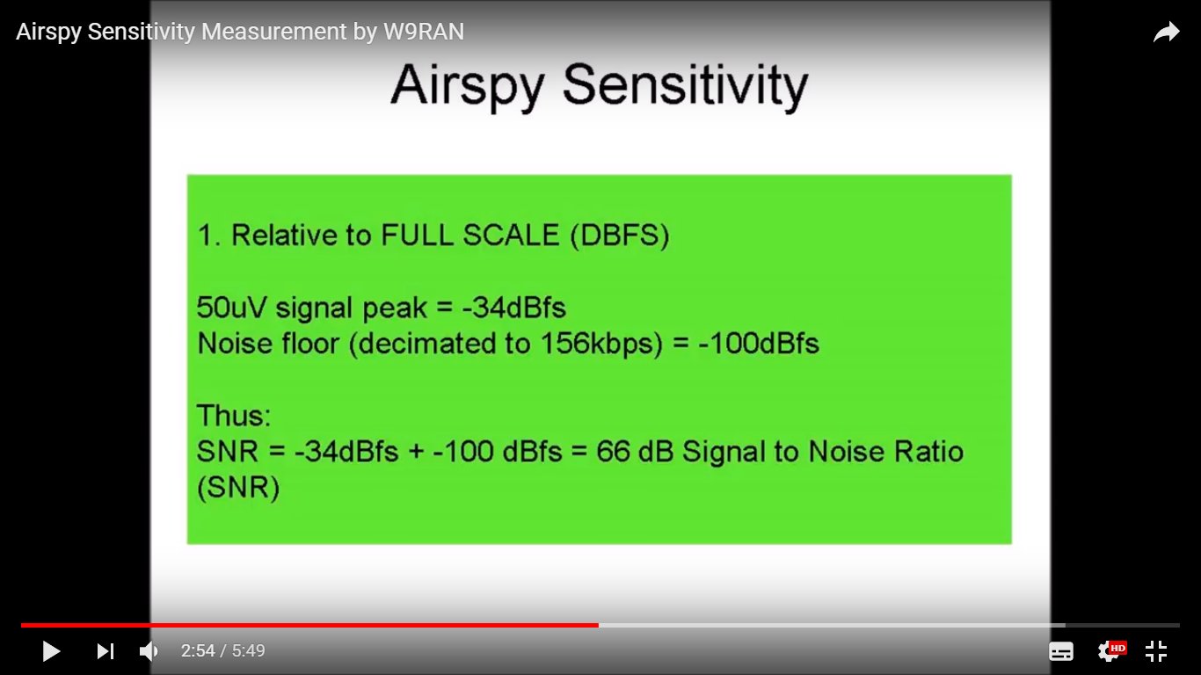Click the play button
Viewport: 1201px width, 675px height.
(51, 651)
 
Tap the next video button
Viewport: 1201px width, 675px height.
(106, 651)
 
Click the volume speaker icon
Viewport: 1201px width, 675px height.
(149, 651)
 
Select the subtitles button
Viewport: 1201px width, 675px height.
(1061, 651)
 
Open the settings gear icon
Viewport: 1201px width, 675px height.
(1109, 651)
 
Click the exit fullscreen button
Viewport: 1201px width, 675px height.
(1156, 651)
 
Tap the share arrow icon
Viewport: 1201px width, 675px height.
(1166, 33)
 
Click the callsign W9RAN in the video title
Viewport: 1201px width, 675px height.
(424, 32)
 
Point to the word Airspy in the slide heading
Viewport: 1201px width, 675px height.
(468, 86)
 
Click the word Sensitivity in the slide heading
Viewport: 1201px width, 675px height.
(685, 86)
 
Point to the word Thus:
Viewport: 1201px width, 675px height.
(234, 415)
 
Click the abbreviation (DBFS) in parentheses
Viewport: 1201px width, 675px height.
(620, 236)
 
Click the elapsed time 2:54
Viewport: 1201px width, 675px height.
(198, 651)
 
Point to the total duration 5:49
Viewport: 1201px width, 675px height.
(248, 651)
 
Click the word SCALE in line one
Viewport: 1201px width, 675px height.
(511, 236)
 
